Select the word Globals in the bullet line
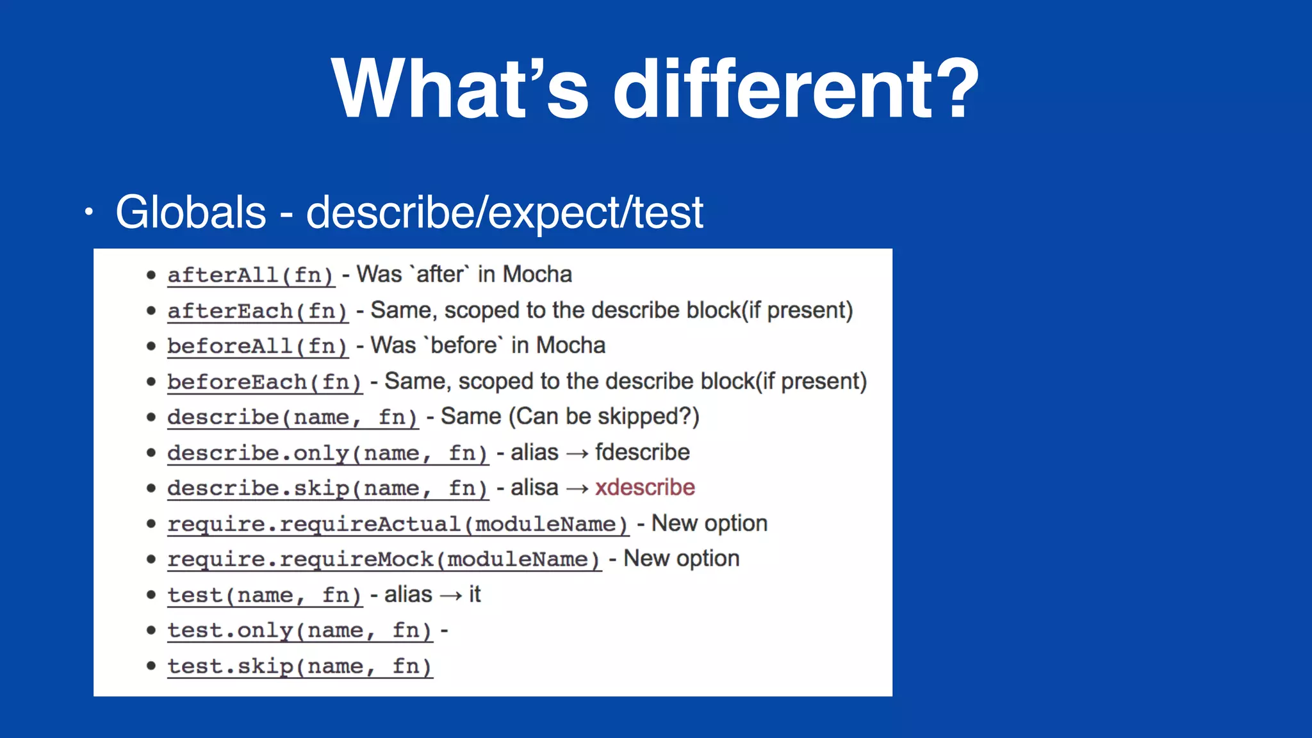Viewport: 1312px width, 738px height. [190, 212]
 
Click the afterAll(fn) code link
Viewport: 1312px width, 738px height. [250, 275]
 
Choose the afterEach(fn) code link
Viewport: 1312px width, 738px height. [258, 311]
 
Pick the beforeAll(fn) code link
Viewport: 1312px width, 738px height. [258, 347]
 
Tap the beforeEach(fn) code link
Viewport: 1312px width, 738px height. [265, 382]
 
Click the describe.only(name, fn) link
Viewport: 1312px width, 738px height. [327, 454]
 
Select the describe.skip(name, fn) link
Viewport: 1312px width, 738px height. [327, 489]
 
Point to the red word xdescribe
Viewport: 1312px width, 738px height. [644, 488]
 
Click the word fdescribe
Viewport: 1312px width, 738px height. [642, 452]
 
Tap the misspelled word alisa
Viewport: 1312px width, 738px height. [534, 488]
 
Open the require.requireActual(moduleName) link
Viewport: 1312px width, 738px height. [398, 525]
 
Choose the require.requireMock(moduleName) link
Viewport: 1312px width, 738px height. [384, 560]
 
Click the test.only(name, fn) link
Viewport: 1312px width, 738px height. [300, 631]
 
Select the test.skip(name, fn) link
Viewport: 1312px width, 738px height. [300, 667]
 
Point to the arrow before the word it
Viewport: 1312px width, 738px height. [451, 596]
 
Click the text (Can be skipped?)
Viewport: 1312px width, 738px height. [604, 416]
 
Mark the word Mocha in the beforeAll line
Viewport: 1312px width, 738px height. [570, 345]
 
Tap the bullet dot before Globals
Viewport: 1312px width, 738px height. [89, 213]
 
